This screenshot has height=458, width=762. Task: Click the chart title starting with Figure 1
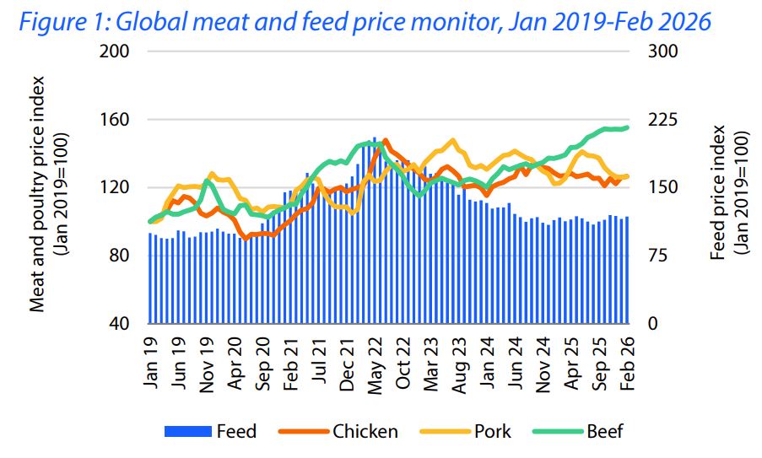pos(364,20)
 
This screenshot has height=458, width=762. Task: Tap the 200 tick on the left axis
pos(115,51)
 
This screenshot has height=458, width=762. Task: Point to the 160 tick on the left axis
pos(115,120)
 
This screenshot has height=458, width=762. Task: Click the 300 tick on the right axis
pos(661,51)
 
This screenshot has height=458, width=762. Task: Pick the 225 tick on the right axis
pos(661,120)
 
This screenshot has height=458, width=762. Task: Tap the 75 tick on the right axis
pos(657,256)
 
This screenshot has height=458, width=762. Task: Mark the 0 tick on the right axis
pos(651,324)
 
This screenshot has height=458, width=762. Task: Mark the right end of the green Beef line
pos(627,127)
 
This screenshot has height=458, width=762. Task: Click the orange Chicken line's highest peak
pos(386,141)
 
